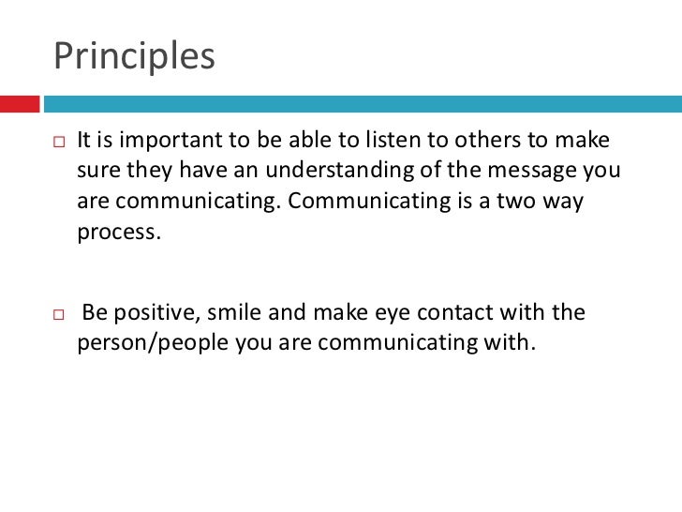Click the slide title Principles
pos(134,55)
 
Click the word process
pos(118,233)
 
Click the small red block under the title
pos(20,99)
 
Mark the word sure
pos(96,173)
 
